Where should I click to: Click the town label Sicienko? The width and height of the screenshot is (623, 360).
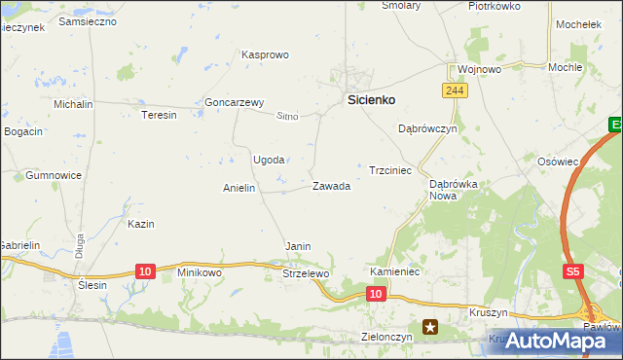coord(373,99)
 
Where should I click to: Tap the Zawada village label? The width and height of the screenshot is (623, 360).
coord(331,186)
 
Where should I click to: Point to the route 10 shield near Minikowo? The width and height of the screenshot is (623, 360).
coord(144,270)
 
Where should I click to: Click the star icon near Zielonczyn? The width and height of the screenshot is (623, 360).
coord(429,329)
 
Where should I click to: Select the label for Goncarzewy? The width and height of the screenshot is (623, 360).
coord(234,102)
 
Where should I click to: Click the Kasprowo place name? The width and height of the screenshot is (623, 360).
coord(265,55)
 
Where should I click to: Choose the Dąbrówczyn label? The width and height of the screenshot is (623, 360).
coord(427,128)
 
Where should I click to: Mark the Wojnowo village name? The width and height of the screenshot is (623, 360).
coord(479,70)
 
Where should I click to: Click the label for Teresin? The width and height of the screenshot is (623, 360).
coord(160,115)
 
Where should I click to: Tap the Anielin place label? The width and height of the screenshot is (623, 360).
coord(239,189)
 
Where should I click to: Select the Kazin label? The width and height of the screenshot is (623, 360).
coord(141,224)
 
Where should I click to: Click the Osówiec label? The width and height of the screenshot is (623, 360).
coord(559,162)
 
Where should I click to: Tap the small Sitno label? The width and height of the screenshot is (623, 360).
coord(287,117)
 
